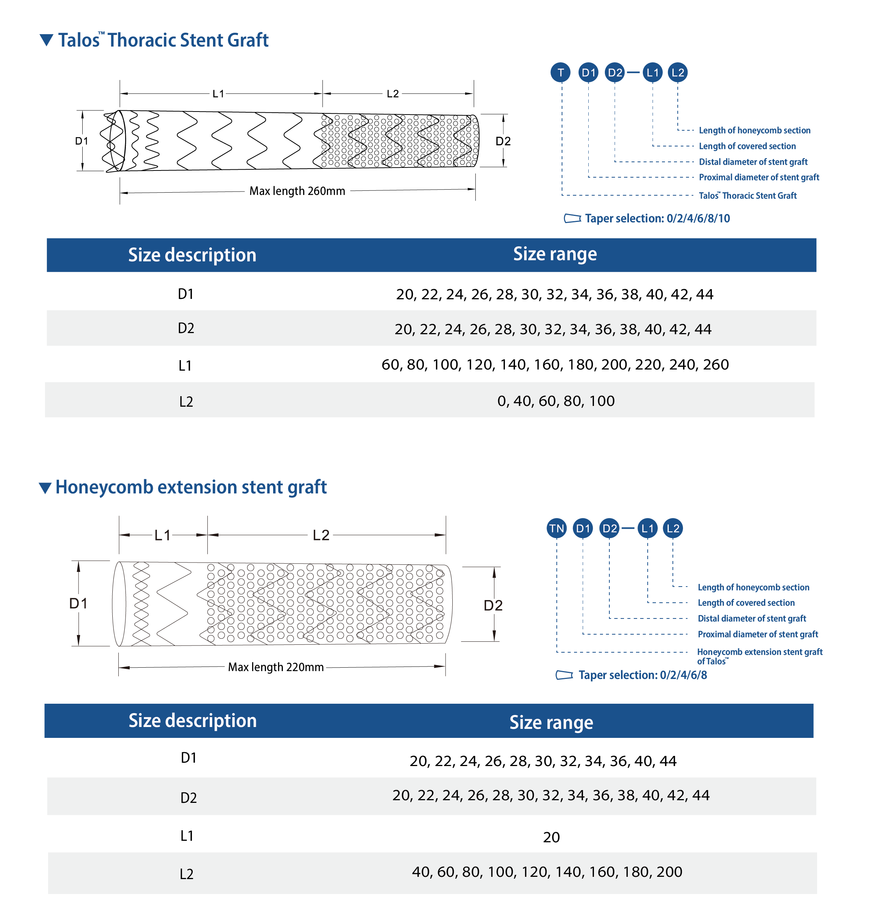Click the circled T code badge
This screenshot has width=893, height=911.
click(561, 73)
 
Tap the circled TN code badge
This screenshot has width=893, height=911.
click(557, 528)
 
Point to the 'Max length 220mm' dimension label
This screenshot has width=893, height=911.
click(276, 667)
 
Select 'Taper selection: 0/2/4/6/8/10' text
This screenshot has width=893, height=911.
click(657, 219)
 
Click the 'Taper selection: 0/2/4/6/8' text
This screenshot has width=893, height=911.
click(642, 675)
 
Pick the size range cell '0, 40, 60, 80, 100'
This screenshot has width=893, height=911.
click(556, 401)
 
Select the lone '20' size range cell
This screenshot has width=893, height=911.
click(551, 837)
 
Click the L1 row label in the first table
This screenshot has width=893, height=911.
click(185, 366)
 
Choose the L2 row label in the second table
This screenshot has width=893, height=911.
click(187, 874)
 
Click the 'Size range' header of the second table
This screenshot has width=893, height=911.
click(551, 722)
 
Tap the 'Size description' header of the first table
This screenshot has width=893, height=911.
click(192, 255)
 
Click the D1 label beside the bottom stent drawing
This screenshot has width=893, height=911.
click(78, 603)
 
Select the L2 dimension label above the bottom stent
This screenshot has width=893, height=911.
click(321, 535)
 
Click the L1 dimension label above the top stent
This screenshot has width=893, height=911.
click(219, 94)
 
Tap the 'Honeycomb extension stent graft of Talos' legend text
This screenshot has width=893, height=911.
click(759, 656)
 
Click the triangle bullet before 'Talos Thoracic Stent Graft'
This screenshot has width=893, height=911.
click(47, 40)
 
